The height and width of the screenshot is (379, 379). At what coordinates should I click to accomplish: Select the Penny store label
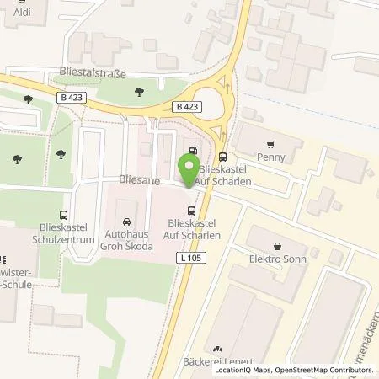click(x=270, y=157)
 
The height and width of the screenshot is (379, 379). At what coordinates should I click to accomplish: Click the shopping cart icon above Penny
click(x=270, y=144)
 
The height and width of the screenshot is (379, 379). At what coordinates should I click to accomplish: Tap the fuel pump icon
click(x=195, y=152)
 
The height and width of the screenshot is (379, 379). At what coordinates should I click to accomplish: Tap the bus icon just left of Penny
click(x=222, y=156)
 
